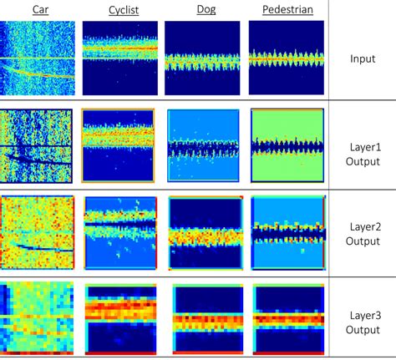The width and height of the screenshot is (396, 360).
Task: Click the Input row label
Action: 363,60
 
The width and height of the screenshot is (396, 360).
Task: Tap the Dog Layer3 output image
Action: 206,319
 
